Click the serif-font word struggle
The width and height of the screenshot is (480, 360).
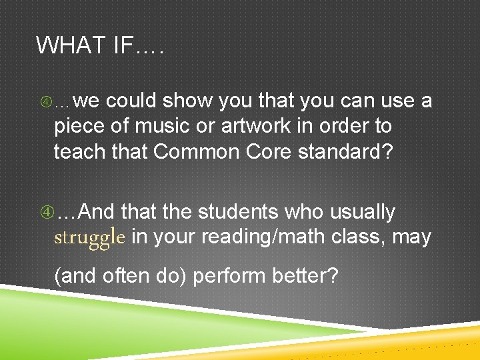[89, 237]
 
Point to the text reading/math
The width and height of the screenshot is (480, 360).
[248, 237]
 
